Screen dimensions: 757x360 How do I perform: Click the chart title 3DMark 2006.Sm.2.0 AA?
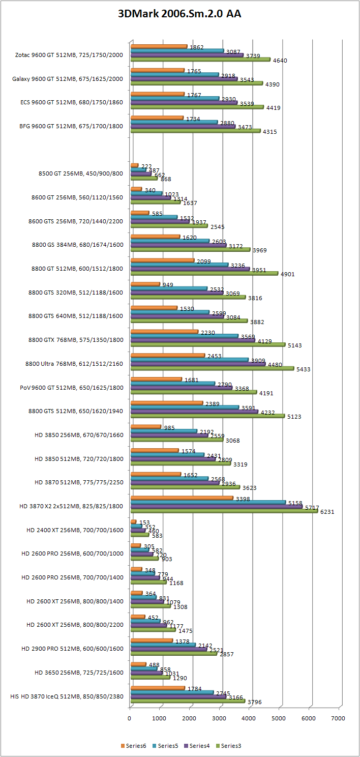click(x=179, y=14)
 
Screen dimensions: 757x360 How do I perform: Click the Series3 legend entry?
click(x=231, y=746)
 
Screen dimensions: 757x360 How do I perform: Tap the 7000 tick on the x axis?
click(x=339, y=718)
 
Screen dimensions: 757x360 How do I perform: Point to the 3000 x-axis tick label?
click(x=219, y=718)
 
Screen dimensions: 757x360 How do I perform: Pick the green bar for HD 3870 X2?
click(x=224, y=511)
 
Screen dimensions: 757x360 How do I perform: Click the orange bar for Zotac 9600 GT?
click(x=159, y=46)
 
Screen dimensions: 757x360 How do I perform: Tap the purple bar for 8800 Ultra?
click(x=198, y=364)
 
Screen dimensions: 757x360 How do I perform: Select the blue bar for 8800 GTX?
click(x=184, y=335)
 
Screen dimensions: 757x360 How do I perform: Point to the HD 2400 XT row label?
click(x=75, y=530)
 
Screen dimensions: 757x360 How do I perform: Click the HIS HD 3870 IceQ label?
click(x=67, y=696)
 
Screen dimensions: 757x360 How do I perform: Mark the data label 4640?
click(x=280, y=61)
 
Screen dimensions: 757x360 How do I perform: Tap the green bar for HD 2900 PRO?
click(x=173, y=653)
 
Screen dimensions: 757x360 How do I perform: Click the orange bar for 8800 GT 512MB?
click(x=162, y=260)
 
